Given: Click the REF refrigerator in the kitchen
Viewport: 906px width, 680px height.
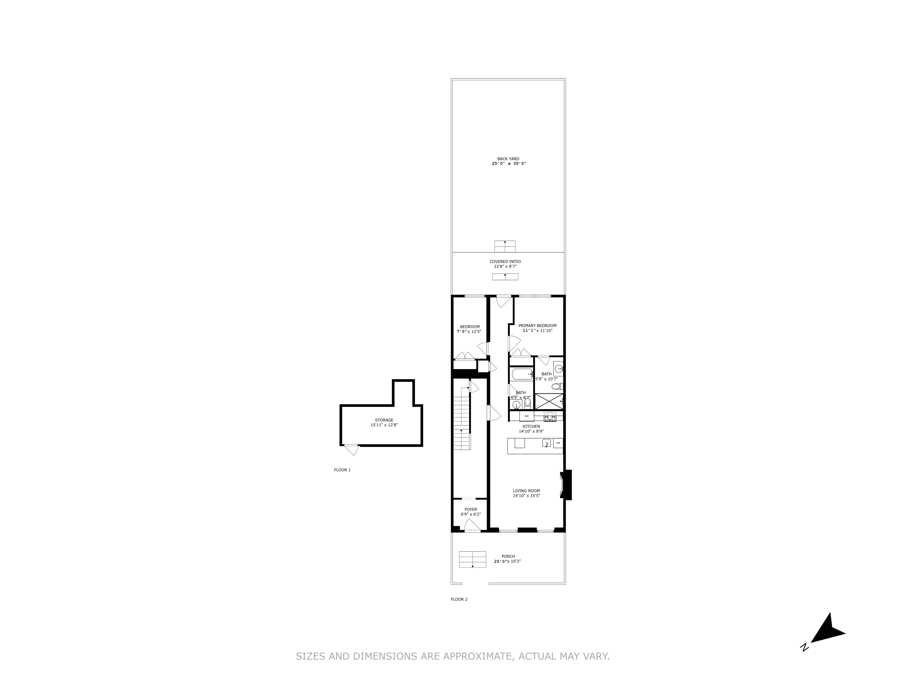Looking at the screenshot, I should tap(527, 416).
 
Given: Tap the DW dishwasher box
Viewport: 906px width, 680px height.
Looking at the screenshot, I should tap(558, 443).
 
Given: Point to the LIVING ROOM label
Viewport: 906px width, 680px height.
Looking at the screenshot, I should tap(526, 491).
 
